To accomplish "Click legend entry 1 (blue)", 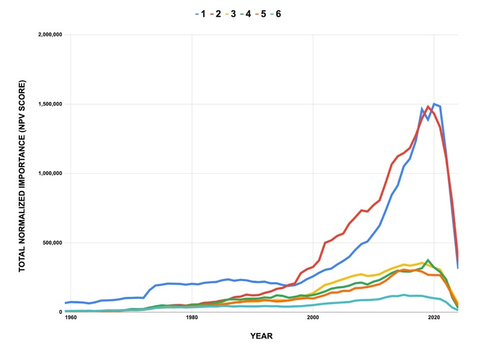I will (x=200, y=14).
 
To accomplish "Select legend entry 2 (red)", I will (x=216, y=14).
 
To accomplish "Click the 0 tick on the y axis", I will (x=60, y=312).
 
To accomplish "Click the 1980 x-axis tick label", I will (x=192, y=318).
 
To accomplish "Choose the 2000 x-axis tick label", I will (x=312, y=318).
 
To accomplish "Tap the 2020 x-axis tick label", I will (x=434, y=318).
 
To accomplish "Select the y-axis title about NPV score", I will (x=22, y=176).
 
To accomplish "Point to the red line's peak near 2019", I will (x=428, y=106).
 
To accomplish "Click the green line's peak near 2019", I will (x=428, y=260).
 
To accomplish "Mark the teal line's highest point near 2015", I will (x=404, y=295).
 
